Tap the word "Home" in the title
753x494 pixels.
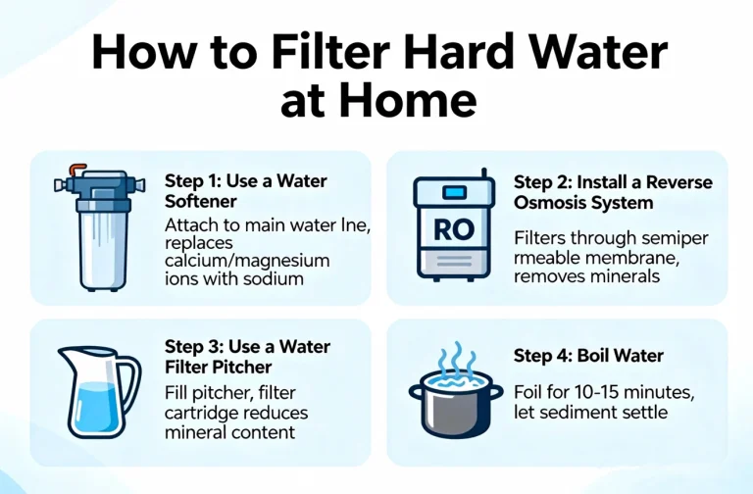[x=413, y=101]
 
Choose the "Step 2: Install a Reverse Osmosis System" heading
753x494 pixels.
[x=613, y=192]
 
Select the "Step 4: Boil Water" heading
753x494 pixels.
[x=588, y=355]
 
